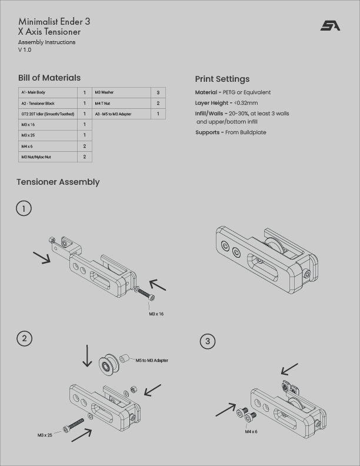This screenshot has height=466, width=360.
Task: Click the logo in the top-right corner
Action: click(x=330, y=25)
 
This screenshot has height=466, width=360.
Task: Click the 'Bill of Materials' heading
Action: click(x=49, y=78)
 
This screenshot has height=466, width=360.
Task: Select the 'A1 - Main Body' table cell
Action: click(x=48, y=92)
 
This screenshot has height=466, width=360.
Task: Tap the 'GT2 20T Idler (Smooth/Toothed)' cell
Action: click(x=48, y=114)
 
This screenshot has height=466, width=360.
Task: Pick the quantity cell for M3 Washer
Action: click(x=158, y=92)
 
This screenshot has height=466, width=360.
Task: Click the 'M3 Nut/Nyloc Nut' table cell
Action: click(x=48, y=157)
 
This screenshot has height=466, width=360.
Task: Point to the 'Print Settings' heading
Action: click(x=222, y=79)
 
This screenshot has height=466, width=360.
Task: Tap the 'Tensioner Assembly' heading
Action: click(x=58, y=182)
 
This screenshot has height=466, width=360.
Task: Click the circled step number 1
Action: click(x=24, y=208)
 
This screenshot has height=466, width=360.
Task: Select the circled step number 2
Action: click(x=24, y=338)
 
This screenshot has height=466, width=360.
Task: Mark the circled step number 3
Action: click(x=208, y=341)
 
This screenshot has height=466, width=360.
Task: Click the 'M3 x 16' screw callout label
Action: click(x=156, y=314)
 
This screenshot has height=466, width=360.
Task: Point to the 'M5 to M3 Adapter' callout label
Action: click(x=152, y=360)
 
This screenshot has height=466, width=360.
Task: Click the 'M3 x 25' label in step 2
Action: click(x=45, y=435)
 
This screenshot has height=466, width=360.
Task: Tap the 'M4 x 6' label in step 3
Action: click(x=251, y=431)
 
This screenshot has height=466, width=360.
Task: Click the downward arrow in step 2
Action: click(x=87, y=356)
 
